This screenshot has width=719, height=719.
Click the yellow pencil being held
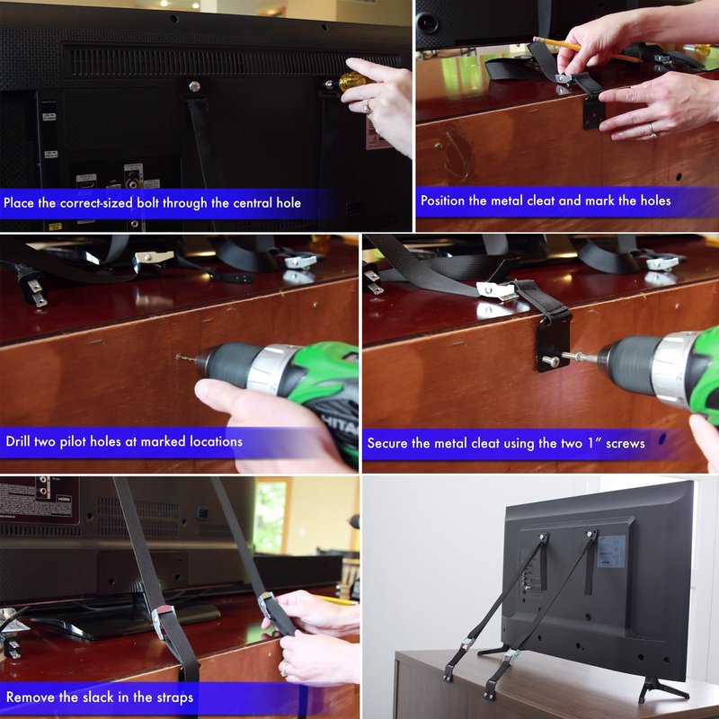(587, 49)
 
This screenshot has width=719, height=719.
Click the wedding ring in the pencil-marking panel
(652, 129)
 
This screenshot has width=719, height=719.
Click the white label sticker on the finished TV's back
(610, 551)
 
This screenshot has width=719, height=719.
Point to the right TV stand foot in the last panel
(661, 689)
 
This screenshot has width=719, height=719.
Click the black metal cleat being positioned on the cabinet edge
(594, 113)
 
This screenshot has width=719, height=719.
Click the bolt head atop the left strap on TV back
(194, 86)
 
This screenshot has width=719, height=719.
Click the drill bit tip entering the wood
(178, 356)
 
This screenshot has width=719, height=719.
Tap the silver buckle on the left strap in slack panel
(164, 620)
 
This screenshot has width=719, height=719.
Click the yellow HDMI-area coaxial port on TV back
(133, 183)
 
